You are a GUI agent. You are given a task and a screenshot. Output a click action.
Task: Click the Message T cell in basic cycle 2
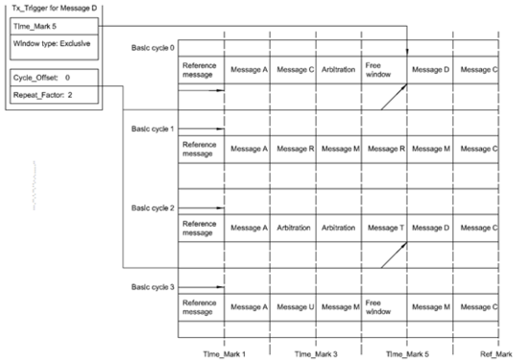(x=386, y=228)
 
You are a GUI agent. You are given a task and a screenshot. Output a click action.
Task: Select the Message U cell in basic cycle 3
(x=295, y=306)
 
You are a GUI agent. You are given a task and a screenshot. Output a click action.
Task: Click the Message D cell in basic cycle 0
(x=431, y=70)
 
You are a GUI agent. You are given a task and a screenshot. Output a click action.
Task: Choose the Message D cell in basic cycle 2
(x=431, y=228)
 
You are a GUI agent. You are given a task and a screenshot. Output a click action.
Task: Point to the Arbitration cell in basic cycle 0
(x=340, y=70)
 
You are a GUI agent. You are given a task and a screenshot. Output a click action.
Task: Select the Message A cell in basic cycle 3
(x=249, y=306)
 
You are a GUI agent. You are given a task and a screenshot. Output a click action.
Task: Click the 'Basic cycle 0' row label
(x=153, y=47)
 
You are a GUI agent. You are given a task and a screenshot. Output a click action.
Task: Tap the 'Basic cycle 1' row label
(x=153, y=127)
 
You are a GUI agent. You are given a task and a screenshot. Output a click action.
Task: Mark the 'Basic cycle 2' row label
(x=153, y=206)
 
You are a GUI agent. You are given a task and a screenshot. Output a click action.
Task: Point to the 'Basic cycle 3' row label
(x=153, y=285)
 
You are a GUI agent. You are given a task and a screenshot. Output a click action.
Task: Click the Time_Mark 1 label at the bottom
(x=225, y=353)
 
